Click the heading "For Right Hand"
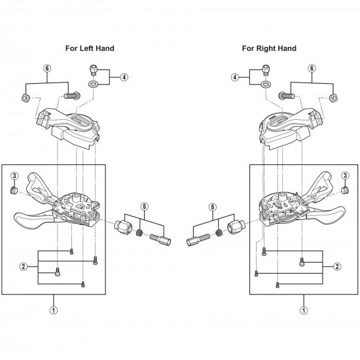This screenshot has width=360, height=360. [x=269, y=48]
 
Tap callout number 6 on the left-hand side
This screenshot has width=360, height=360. [x=47, y=68]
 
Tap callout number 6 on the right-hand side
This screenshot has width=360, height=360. [x=312, y=68]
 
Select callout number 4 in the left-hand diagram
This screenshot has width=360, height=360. [x=124, y=77]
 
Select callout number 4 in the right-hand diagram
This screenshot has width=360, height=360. [x=236, y=77]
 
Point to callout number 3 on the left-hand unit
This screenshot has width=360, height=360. [x=14, y=176]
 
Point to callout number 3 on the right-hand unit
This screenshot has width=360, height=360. [x=345, y=175]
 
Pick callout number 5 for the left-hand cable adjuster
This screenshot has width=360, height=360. [x=144, y=206]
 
